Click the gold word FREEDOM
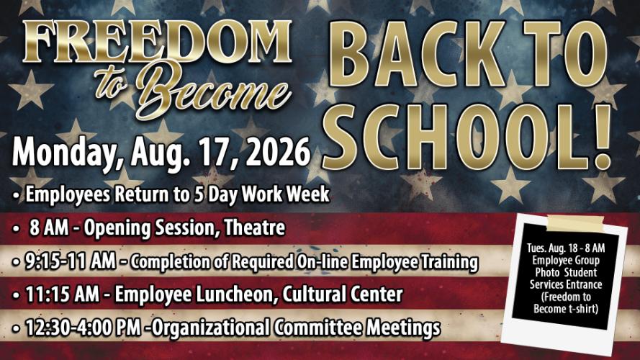[157, 41]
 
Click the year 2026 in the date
[278, 153]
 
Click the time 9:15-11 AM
[71, 261]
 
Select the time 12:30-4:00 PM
[84, 328]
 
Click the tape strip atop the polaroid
[575, 222]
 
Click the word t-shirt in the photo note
[581, 309]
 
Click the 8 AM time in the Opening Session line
[49, 228]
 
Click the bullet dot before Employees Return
[16, 196]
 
